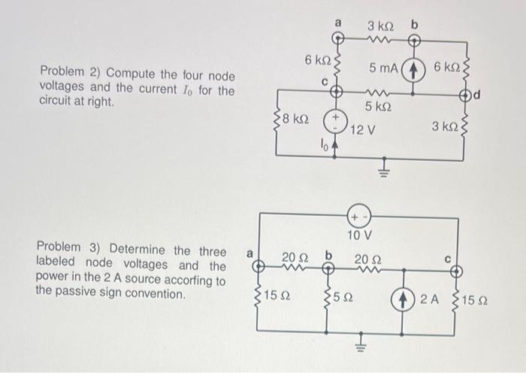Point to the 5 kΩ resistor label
(378, 107)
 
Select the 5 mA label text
(383, 68)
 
